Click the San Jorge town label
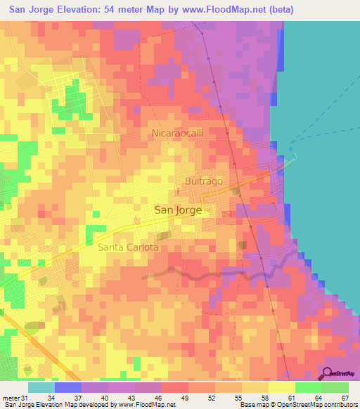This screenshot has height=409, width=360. [x=178, y=209]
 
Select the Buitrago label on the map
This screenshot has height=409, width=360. [x=204, y=181]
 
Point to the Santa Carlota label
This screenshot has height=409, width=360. [x=128, y=247]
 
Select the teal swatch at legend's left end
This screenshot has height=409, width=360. [x=41, y=388]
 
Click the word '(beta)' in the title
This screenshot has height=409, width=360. [x=281, y=9]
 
